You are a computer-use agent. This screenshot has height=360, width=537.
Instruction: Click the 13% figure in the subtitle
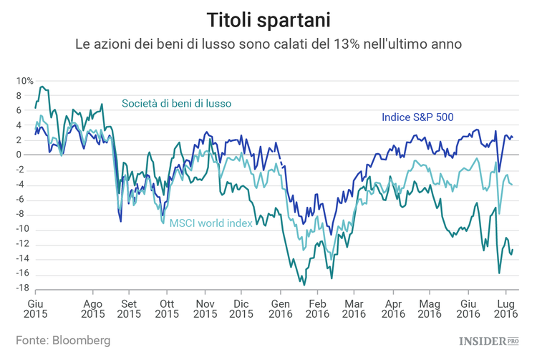click(x=343, y=44)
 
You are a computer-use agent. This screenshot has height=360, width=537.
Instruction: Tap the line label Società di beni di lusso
click(x=176, y=103)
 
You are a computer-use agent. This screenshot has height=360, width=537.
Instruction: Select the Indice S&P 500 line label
click(x=417, y=117)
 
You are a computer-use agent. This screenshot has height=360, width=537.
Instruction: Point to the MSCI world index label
click(x=211, y=223)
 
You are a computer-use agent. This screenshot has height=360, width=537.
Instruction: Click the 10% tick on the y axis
click(x=25, y=81)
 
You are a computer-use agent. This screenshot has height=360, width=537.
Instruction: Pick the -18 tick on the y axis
click(x=23, y=288)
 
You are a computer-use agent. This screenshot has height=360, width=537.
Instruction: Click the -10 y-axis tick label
click(x=23, y=229)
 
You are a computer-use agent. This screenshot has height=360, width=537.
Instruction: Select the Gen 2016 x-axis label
click(x=281, y=308)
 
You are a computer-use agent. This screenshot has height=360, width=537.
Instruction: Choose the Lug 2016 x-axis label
click(x=506, y=308)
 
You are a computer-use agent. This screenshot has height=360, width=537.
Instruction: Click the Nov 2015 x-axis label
click(x=205, y=308)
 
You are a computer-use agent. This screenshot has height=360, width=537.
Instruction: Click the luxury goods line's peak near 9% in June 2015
click(x=42, y=87)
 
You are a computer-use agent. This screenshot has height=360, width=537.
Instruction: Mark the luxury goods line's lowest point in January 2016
click(x=304, y=285)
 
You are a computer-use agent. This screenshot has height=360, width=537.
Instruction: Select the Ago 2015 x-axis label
click(x=92, y=308)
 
